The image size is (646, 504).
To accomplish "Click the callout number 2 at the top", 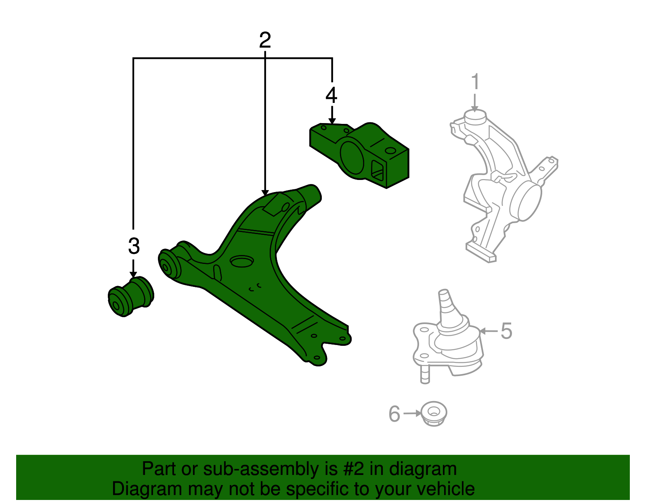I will [x=265, y=40].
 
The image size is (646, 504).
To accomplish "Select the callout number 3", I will [x=134, y=246].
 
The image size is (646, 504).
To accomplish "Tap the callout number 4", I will [x=331, y=95].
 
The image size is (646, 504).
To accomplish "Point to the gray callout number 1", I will [x=475, y=82].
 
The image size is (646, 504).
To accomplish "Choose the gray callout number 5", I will [x=506, y=331].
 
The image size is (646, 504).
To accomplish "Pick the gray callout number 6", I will [x=394, y=414].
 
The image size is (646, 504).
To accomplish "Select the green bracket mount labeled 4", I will [x=359, y=155].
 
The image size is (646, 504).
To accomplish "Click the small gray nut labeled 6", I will [x=433, y=413].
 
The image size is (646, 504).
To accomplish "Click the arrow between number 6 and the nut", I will [x=412, y=413].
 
